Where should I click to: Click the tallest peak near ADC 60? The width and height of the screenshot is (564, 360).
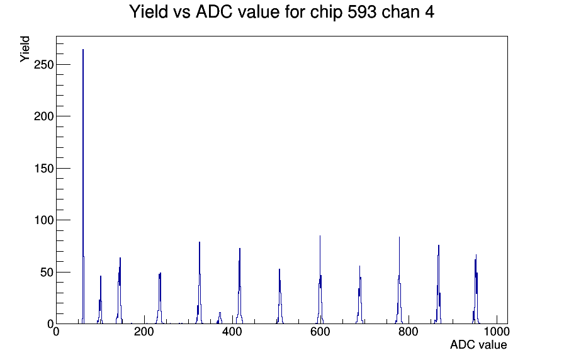click(x=83, y=187)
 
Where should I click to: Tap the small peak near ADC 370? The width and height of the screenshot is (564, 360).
click(x=220, y=318)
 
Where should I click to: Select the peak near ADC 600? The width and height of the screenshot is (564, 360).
click(x=320, y=281)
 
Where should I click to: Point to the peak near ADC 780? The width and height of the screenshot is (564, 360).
click(x=399, y=281)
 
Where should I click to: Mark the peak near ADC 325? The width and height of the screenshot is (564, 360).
click(x=200, y=284)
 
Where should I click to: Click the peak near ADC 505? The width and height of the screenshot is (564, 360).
click(x=279, y=296)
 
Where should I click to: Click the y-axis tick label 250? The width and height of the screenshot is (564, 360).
click(x=43, y=65)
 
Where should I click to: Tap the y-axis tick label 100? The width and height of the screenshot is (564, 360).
click(x=43, y=220)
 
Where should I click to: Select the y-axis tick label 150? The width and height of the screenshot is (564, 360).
click(x=43, y=168)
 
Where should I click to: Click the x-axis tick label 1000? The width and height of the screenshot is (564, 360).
click(x=497, y=332)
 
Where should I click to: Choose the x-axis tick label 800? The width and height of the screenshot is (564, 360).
click(x=409, y=332)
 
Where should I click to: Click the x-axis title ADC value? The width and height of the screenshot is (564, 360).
click(x=478, y=345)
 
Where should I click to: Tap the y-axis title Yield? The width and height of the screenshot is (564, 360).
click(x=25, y=49)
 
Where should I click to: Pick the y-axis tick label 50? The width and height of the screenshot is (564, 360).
click(x=47, y=273)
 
